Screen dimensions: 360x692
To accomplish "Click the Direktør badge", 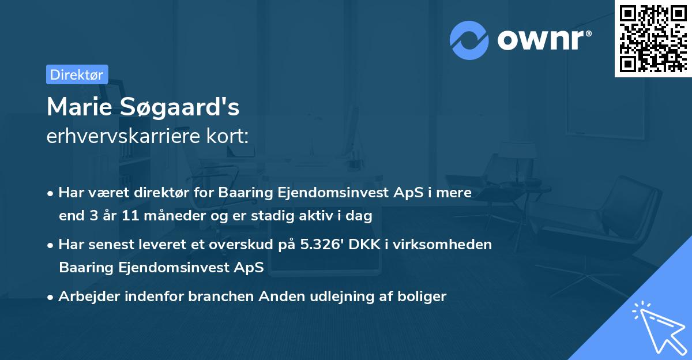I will pos(77,74).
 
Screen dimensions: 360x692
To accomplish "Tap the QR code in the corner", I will pos(653,38).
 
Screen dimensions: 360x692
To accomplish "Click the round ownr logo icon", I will pos(469,40).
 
